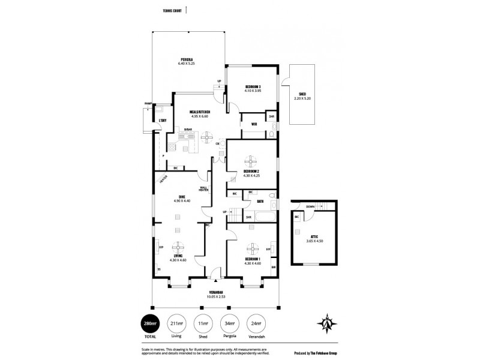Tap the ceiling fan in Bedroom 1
click(x=252, y=250)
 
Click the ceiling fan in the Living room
click(x=178, y=246)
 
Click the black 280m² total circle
click(x=150, y=325)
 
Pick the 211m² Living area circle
click(x=176, y=325)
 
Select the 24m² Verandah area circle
click(x=257, y=325)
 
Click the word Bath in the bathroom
click(x=260, y=202)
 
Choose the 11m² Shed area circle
click(x=203, y=325)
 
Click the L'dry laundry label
click(x=162, y=121)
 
